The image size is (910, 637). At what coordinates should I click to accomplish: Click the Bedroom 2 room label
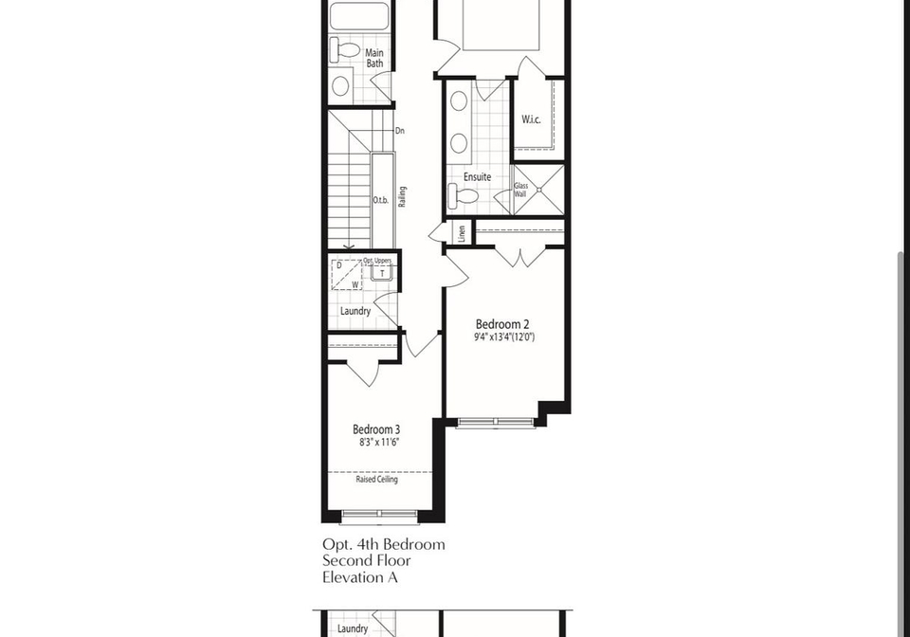[x=502, y=324]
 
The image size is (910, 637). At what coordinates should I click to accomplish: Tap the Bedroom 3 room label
[x=376, y=430]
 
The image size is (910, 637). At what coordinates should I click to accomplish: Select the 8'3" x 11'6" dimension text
[x=379, y=443]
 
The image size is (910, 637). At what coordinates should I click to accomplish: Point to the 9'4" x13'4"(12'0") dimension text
[x=504, y=337]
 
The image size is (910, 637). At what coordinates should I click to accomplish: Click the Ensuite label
[x=477, y=177]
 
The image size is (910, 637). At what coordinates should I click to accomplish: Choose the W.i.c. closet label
[x=531, y=119]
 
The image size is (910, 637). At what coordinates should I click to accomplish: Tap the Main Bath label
[x=374, y=58]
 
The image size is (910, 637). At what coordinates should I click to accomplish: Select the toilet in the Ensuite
[x=464, y=194]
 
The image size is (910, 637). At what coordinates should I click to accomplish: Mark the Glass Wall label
[x=520, y=190]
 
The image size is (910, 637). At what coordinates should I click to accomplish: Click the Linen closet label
[x=462, y=233]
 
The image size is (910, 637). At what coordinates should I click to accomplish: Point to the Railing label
[x=402, y=196]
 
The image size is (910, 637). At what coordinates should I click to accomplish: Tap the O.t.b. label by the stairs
[x=381, y=201]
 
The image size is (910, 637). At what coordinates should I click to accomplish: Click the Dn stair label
[x=400, y=131]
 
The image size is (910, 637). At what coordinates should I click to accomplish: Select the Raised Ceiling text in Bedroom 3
[x=376, y=480]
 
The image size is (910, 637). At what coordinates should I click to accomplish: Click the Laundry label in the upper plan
[x=355, y=311]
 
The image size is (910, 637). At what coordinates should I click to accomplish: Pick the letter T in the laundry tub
[x=382, y=273]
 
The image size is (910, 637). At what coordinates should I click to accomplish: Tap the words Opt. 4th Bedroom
[x=384, y=545]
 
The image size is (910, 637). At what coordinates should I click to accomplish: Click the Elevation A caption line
[x=360, y=578]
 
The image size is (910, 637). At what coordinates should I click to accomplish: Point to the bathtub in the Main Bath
[x=359, y=15]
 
